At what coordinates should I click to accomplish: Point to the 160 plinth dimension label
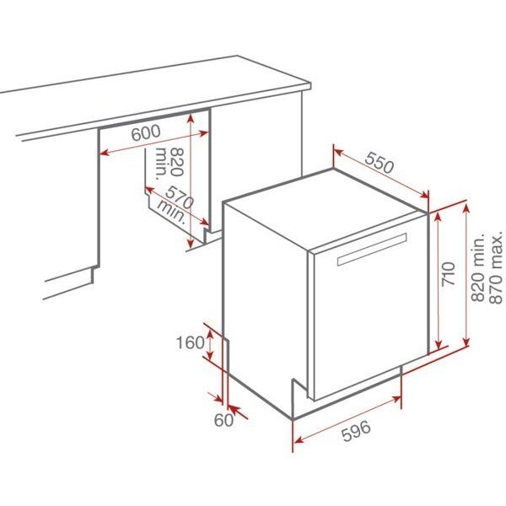(x=191, y=342)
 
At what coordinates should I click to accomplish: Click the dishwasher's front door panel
(x=367, y=320)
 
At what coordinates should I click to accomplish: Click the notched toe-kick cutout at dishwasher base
(x=299, y=396)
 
